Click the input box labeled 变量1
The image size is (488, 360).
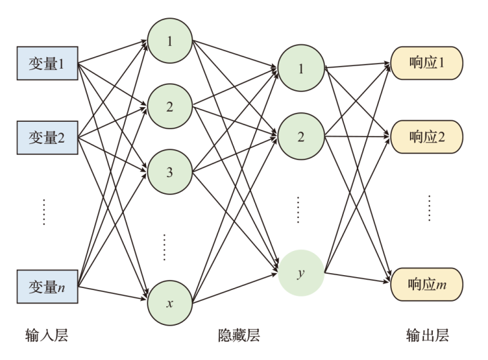click(47, 65)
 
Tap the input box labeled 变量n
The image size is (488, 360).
click(47, 288)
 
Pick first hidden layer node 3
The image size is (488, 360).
click(170, 172)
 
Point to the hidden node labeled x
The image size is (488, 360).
click(170, 303)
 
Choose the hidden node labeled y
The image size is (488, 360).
click(301, 273)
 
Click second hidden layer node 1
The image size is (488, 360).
click(301, 69)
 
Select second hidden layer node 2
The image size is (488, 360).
click(301, 137)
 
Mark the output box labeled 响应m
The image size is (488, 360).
click(427, 286)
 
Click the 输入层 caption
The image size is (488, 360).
click(47, 335)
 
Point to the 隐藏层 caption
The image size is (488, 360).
click(239, 335)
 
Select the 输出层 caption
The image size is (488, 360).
click(427, 335)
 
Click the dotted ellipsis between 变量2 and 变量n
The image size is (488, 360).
click(44, 211)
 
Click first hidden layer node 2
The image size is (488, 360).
click(170, 107)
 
